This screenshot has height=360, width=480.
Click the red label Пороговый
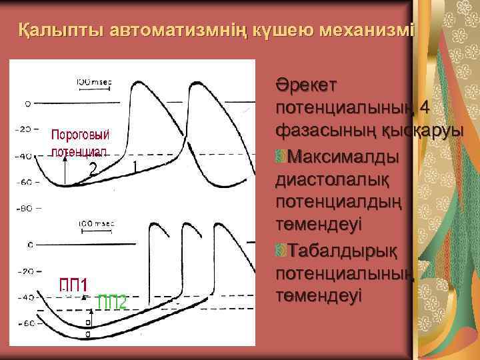(x=81, y=135)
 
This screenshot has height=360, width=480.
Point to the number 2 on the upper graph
(x=95, y=169)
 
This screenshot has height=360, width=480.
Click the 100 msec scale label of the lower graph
(x=95, y=223)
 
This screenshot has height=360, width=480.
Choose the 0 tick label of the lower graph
(x=30, y=244)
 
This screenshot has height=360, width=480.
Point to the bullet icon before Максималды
(x=280, y=158)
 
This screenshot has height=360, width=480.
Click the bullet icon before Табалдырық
(x=280, y=251)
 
